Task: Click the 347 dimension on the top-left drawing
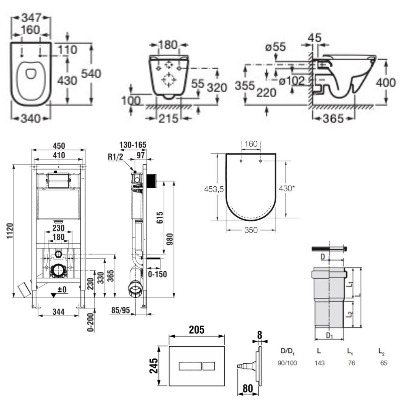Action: coord(31,18)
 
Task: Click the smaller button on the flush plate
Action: coord(209,367)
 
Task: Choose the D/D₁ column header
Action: coord(289,351)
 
